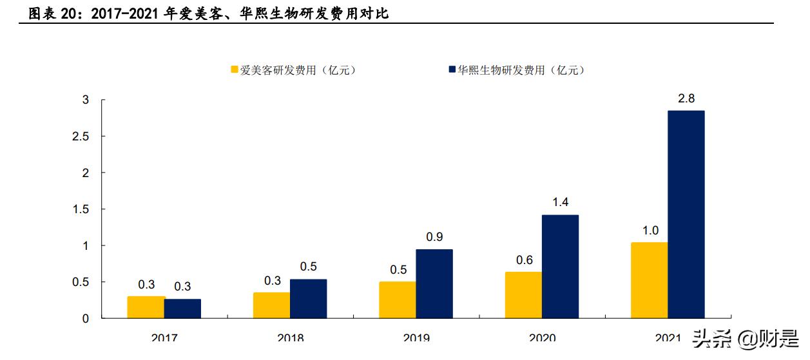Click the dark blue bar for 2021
(x=686, y=214)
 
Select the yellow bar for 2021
(x=649, y=280)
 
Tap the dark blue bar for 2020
(x=560, y=267)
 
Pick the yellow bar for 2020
(x=523, y=295)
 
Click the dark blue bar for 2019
(x=434, y=284)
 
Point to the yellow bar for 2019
(x=397, y=300)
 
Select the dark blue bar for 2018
(x=308, y=299)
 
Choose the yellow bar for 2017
(x=146, y=307)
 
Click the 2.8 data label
(x=686, y=99)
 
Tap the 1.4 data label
(x=560, y=202)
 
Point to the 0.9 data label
(x=434, y=237)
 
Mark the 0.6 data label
(x=523, y=260)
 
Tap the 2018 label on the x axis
(x=290, y=337)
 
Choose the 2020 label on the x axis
(x=542, y=337)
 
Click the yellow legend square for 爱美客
(x=235, y=70)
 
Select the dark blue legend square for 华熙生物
(x=451, y=70)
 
